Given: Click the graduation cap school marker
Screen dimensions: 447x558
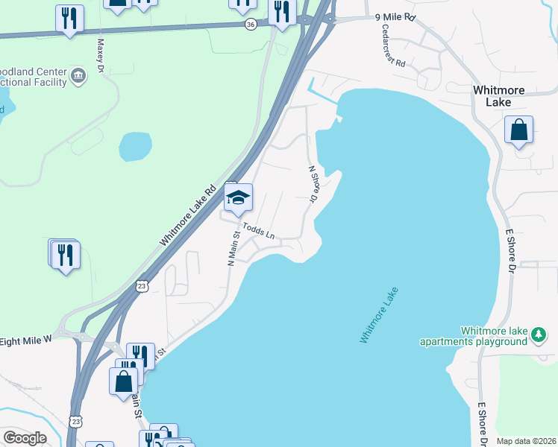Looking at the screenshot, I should pos(239,198).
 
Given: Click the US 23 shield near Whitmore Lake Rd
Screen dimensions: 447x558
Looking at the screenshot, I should pos(142,285).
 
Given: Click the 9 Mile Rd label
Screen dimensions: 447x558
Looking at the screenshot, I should pos(395,16).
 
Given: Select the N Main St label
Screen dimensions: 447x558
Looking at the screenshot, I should pos(232,247).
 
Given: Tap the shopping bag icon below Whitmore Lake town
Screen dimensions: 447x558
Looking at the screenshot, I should pos(518,130).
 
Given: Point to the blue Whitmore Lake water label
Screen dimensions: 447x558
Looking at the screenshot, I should pos(379,315).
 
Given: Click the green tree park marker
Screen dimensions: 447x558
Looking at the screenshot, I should pos(539,335).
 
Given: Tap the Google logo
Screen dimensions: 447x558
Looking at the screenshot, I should pos(25,438).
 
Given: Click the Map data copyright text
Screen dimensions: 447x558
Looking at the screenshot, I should pos(526,441).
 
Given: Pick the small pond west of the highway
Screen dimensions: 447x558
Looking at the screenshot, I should pos(135,147).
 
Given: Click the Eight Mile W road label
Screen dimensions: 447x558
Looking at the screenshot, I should pos(25,339).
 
